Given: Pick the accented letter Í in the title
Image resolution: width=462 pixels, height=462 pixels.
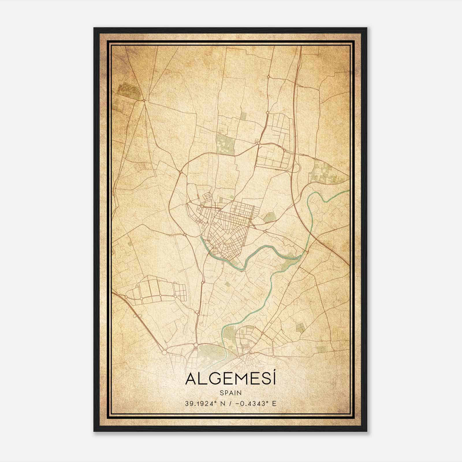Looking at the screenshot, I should [x=273, y=378].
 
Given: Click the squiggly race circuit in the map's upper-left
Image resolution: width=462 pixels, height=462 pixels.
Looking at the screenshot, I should [x=130, y=89].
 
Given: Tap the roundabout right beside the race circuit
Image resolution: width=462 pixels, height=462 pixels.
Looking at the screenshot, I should [x=144, y=100].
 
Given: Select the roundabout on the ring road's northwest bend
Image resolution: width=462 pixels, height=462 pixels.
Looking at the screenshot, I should [x=181, y=172].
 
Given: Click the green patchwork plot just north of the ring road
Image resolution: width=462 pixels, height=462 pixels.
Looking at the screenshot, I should [x=225, y=143].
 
